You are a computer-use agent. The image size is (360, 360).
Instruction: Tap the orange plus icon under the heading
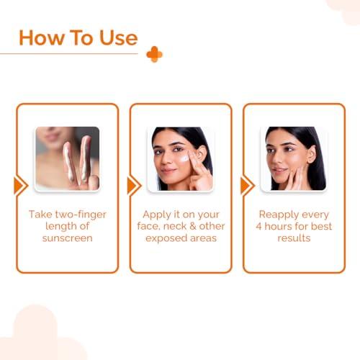click(x=154, y=54)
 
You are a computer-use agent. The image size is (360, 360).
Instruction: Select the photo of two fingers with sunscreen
click(x=67, y=158)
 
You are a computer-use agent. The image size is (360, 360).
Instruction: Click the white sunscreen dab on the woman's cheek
click(x=184, y=158)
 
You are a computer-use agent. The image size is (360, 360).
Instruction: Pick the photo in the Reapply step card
click(x=293, y=158)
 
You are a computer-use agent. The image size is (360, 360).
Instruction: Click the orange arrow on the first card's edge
click(x=19, y=186)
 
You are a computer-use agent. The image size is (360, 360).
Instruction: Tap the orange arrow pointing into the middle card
click(x=132, y=186)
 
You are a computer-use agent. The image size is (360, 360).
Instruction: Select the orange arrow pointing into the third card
click(x=246, y=186)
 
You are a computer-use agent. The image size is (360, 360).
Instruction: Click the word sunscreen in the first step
click(x=68, y=238)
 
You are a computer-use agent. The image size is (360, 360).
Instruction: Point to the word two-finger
click(x=81, y=215)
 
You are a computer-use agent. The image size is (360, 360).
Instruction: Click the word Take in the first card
click(x=41, y=215)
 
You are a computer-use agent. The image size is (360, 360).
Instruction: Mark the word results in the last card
click(x=294, y=238)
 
